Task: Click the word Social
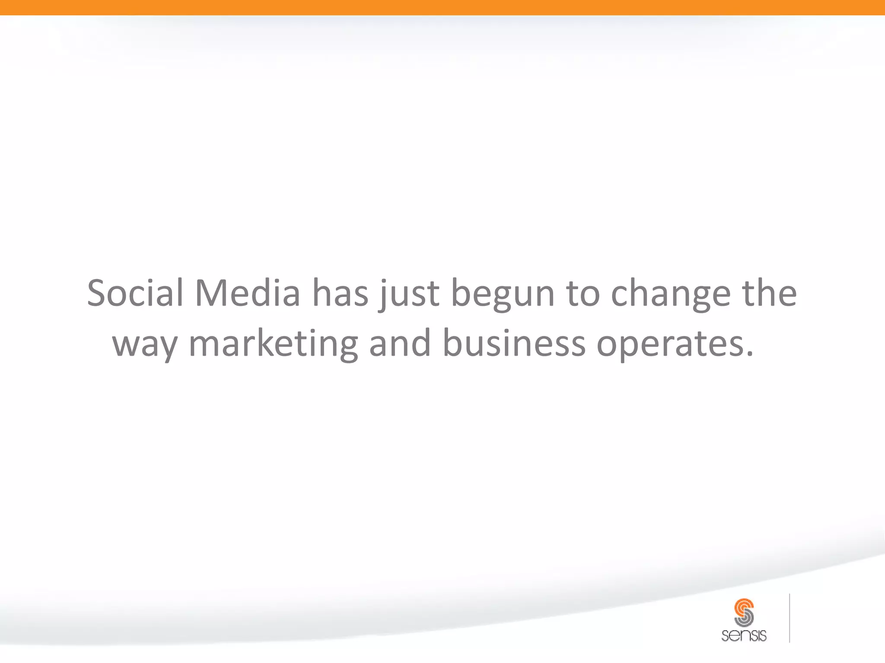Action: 135,293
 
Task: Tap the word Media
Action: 248,293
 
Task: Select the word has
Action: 341,293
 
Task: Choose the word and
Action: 400,343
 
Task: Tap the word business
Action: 514,343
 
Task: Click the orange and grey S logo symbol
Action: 744,612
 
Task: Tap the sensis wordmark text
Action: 744,635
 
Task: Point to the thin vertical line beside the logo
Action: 789,618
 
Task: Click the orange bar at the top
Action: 442,7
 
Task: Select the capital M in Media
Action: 211,293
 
